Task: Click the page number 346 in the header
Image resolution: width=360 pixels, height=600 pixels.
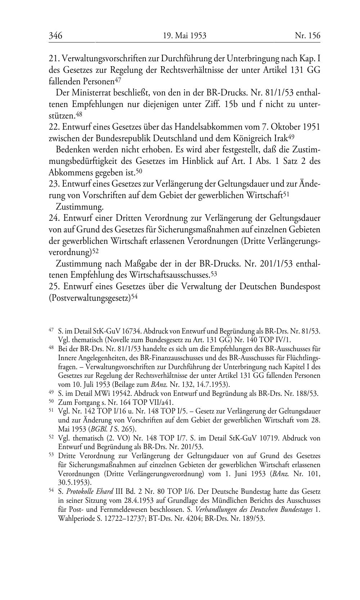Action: [56, 36]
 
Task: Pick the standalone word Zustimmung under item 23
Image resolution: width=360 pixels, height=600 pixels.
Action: [80, 207]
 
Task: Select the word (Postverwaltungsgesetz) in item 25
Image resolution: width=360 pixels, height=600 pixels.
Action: [90, 298]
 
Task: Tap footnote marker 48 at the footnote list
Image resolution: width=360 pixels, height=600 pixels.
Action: [51, 348]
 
